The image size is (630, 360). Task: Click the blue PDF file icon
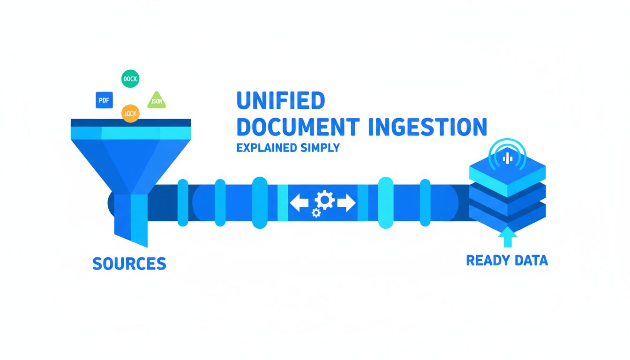click(105, 100)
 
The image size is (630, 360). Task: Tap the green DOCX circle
click(130, 79)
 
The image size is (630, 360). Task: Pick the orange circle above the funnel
click(130, 113)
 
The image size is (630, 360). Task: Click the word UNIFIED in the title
click(281, 101)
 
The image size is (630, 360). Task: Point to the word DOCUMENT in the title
click(298, 127)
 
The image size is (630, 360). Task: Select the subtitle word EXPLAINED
click(266, 148)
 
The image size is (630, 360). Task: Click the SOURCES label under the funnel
click(129, 263)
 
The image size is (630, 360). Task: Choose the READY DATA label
click(507, 260)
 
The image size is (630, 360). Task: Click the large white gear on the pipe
click(323, 200)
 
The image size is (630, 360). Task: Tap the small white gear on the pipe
click(316, 213)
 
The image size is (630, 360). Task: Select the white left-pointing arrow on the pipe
click(299, 202)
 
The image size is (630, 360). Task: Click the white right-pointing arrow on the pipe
click(346, 202)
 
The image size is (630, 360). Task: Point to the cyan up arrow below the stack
click(507, 237)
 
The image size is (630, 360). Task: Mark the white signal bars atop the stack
click(507, 158)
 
